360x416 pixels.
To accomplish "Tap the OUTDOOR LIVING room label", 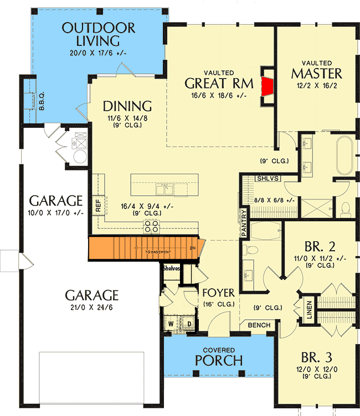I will pyautogui.click(x=99, y=34).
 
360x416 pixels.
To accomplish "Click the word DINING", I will pyautogui.click(x=127, y=106).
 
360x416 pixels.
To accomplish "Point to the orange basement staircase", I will pyautogui.click(x=144, y=248).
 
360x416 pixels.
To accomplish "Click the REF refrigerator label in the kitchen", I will pyautogui.click(x=98, y=206).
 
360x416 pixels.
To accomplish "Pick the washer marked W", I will pyautogui.click(x=171, y=323).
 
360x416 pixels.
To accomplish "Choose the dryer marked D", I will pyautogui.click(x=188, y=323).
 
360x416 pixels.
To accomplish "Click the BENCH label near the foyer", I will pyautogui.click(x=258, y=325).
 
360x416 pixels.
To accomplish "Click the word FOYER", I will pyautogui.click(x=219, y=293).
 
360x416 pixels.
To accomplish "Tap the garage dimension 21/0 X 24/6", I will pyautogui.click(x=92, y=306).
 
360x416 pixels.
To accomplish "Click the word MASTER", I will pyautogui.click(x=316, y=73).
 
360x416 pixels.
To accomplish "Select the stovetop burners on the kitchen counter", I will pyautogui.click(x=151, y=225).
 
